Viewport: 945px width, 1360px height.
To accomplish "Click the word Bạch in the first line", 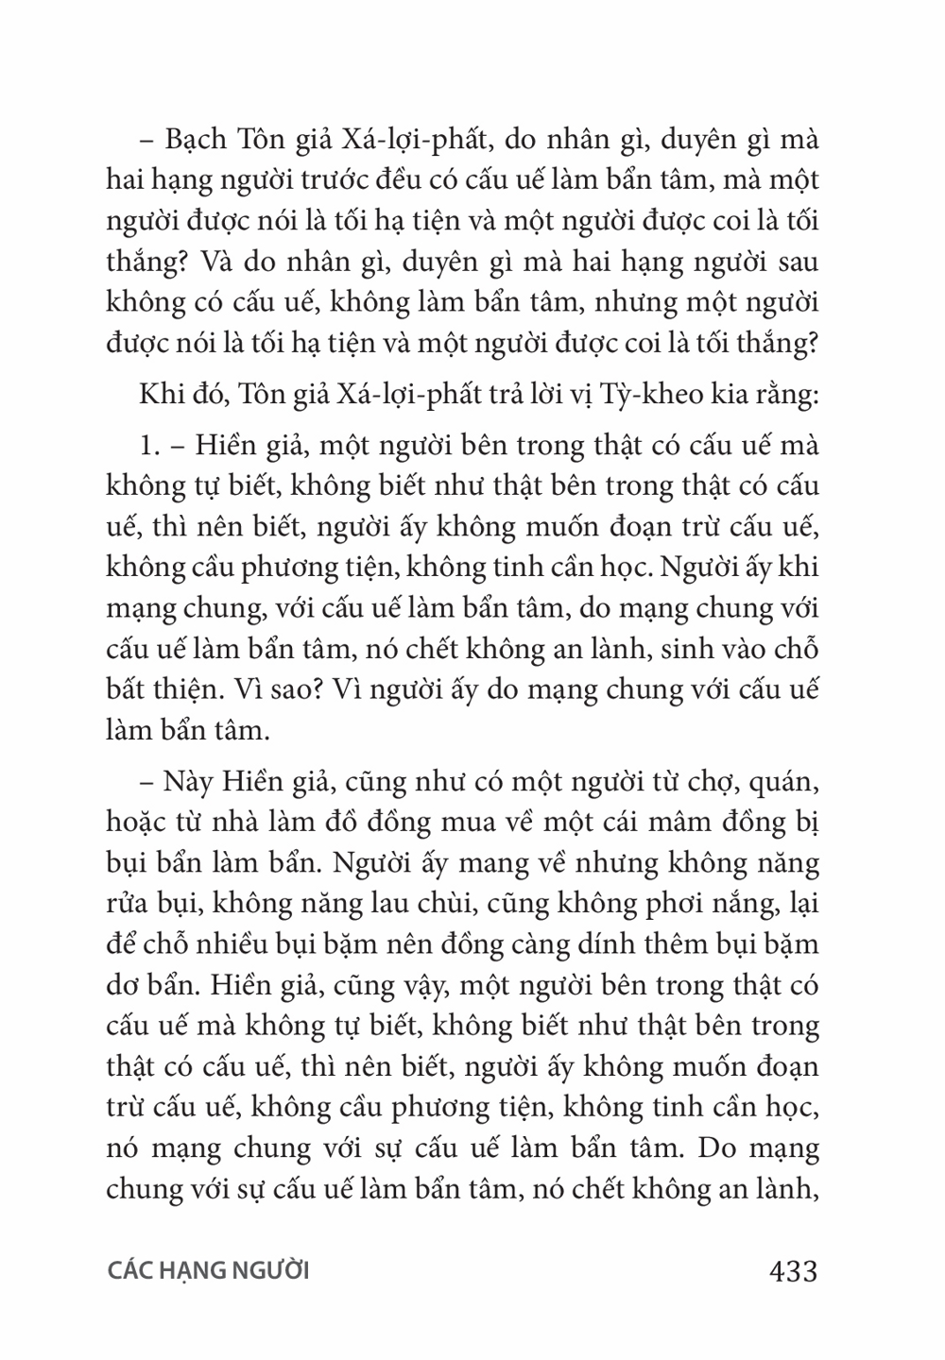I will tap(196, 140).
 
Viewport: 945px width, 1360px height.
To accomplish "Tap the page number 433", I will tap(793, 1271).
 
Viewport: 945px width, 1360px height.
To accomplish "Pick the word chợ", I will tap(700, 782).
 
